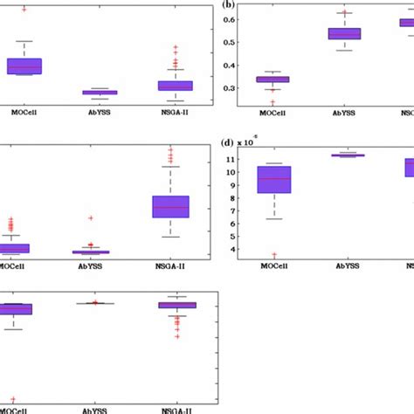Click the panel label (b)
[x=230, y=4]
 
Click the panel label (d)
[x=229, y=141]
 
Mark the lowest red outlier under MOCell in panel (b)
[x=273, y=102]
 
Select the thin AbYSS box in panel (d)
[x=347, y=155]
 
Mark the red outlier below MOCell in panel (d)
[x=274, y=255]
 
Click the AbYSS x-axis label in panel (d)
[x=347, y=266]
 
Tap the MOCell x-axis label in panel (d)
[x=274, y=266]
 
